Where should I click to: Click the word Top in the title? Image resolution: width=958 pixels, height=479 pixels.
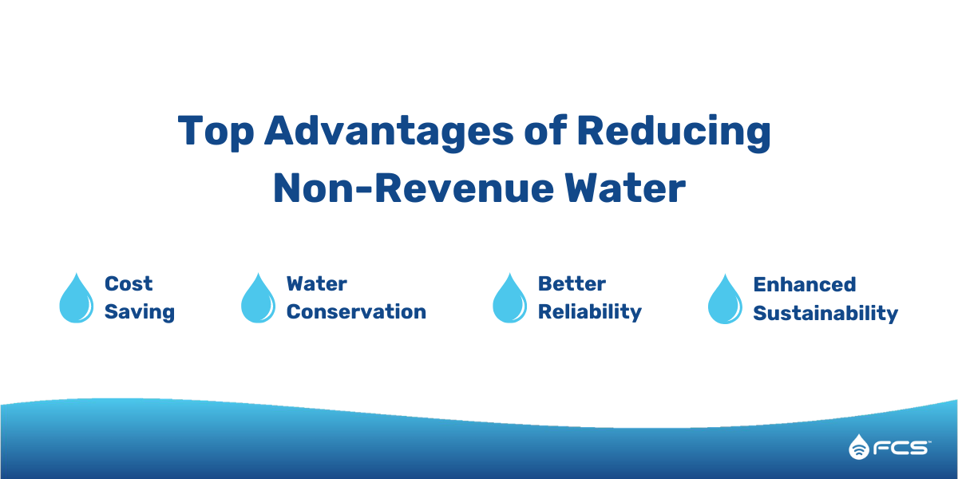216,133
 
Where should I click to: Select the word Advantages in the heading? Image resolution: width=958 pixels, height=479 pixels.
389,133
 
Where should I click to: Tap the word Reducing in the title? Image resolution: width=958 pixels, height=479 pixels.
674,133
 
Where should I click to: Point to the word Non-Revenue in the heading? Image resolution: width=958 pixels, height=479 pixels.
414,188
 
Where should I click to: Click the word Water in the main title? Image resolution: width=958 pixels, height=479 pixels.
625,188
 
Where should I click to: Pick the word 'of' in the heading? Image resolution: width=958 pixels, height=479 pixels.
545,130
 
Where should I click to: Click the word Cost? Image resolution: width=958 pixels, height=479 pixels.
129,284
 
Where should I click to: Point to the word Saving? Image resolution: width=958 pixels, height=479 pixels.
140,312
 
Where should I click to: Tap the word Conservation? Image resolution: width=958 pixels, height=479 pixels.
356,312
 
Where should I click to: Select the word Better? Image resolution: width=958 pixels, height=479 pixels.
572,284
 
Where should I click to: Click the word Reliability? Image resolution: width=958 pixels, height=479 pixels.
590,312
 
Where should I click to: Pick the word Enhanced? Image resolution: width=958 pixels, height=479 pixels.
805,285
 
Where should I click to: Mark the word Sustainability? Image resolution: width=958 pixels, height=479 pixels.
825,314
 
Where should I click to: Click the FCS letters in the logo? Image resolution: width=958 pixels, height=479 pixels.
901,448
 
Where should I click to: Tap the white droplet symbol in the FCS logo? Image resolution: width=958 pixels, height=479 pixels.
859,447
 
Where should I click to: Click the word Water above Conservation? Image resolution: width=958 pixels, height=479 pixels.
317,284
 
